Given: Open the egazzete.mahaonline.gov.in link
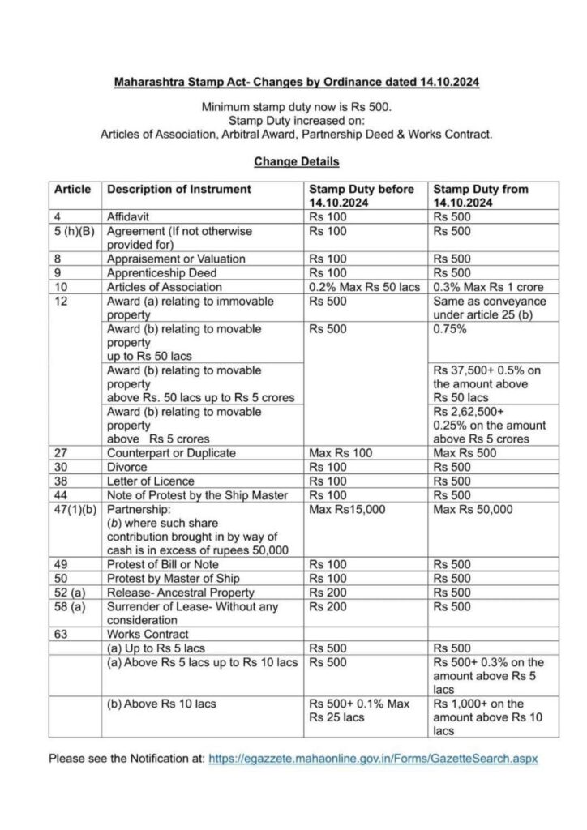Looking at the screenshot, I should point(373,759).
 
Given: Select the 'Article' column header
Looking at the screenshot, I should point(72,190).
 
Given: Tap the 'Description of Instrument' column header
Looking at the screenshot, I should point(179,190).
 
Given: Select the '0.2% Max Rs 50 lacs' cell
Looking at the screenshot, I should point(366,286).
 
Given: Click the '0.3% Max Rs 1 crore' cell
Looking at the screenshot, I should point(489,286).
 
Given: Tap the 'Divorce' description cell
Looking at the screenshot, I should point(126,467).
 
